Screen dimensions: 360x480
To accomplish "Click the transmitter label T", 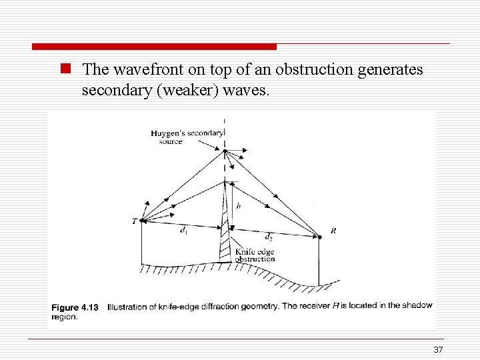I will [134, 221].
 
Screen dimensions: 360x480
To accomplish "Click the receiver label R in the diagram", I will [333, 231].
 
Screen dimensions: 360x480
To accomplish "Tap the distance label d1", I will [183, 230].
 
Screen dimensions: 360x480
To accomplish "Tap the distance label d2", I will [269, 237].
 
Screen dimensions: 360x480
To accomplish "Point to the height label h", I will [238, 207].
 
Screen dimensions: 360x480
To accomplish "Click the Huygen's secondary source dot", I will [225, 151].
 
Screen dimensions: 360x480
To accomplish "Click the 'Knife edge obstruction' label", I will [255, 255].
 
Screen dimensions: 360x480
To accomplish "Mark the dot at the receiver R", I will [319, 235].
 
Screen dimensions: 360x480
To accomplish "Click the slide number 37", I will [438, 350].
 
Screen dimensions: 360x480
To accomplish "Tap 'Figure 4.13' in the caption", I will [75, 307].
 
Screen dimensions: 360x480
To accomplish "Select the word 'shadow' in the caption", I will [416, 305].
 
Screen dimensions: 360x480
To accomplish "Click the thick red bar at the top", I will [154, 47].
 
